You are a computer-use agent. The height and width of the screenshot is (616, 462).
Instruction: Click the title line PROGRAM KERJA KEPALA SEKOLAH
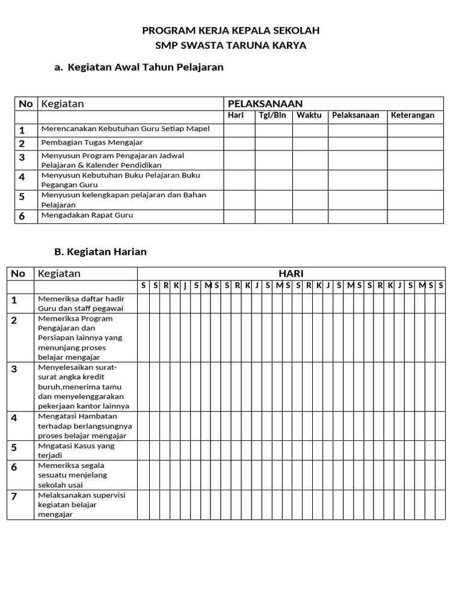click(230, 30)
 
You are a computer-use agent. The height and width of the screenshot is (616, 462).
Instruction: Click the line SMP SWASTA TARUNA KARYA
click(230, 46)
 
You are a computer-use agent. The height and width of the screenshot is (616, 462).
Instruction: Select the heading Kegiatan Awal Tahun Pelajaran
click(146, 67)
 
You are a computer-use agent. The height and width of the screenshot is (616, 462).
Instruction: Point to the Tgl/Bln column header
click(273, 115)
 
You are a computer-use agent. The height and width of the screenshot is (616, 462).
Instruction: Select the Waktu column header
click(309, 115)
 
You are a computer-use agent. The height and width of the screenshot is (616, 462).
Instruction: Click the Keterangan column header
click(413, 115)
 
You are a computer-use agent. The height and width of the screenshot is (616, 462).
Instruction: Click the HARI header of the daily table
click(291, 274)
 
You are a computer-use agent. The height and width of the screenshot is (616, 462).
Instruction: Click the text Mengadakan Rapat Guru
click(87, 215)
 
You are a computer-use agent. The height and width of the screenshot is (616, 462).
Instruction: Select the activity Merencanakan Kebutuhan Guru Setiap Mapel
click(125, 129)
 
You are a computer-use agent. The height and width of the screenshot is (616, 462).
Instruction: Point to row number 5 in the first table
click(22, 197)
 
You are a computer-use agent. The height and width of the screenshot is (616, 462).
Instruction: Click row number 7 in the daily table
click(14, 496)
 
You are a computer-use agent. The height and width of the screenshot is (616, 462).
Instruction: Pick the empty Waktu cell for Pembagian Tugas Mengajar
click(310, 144)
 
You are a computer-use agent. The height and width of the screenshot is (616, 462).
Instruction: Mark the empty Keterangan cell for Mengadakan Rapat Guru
click(415, 216)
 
